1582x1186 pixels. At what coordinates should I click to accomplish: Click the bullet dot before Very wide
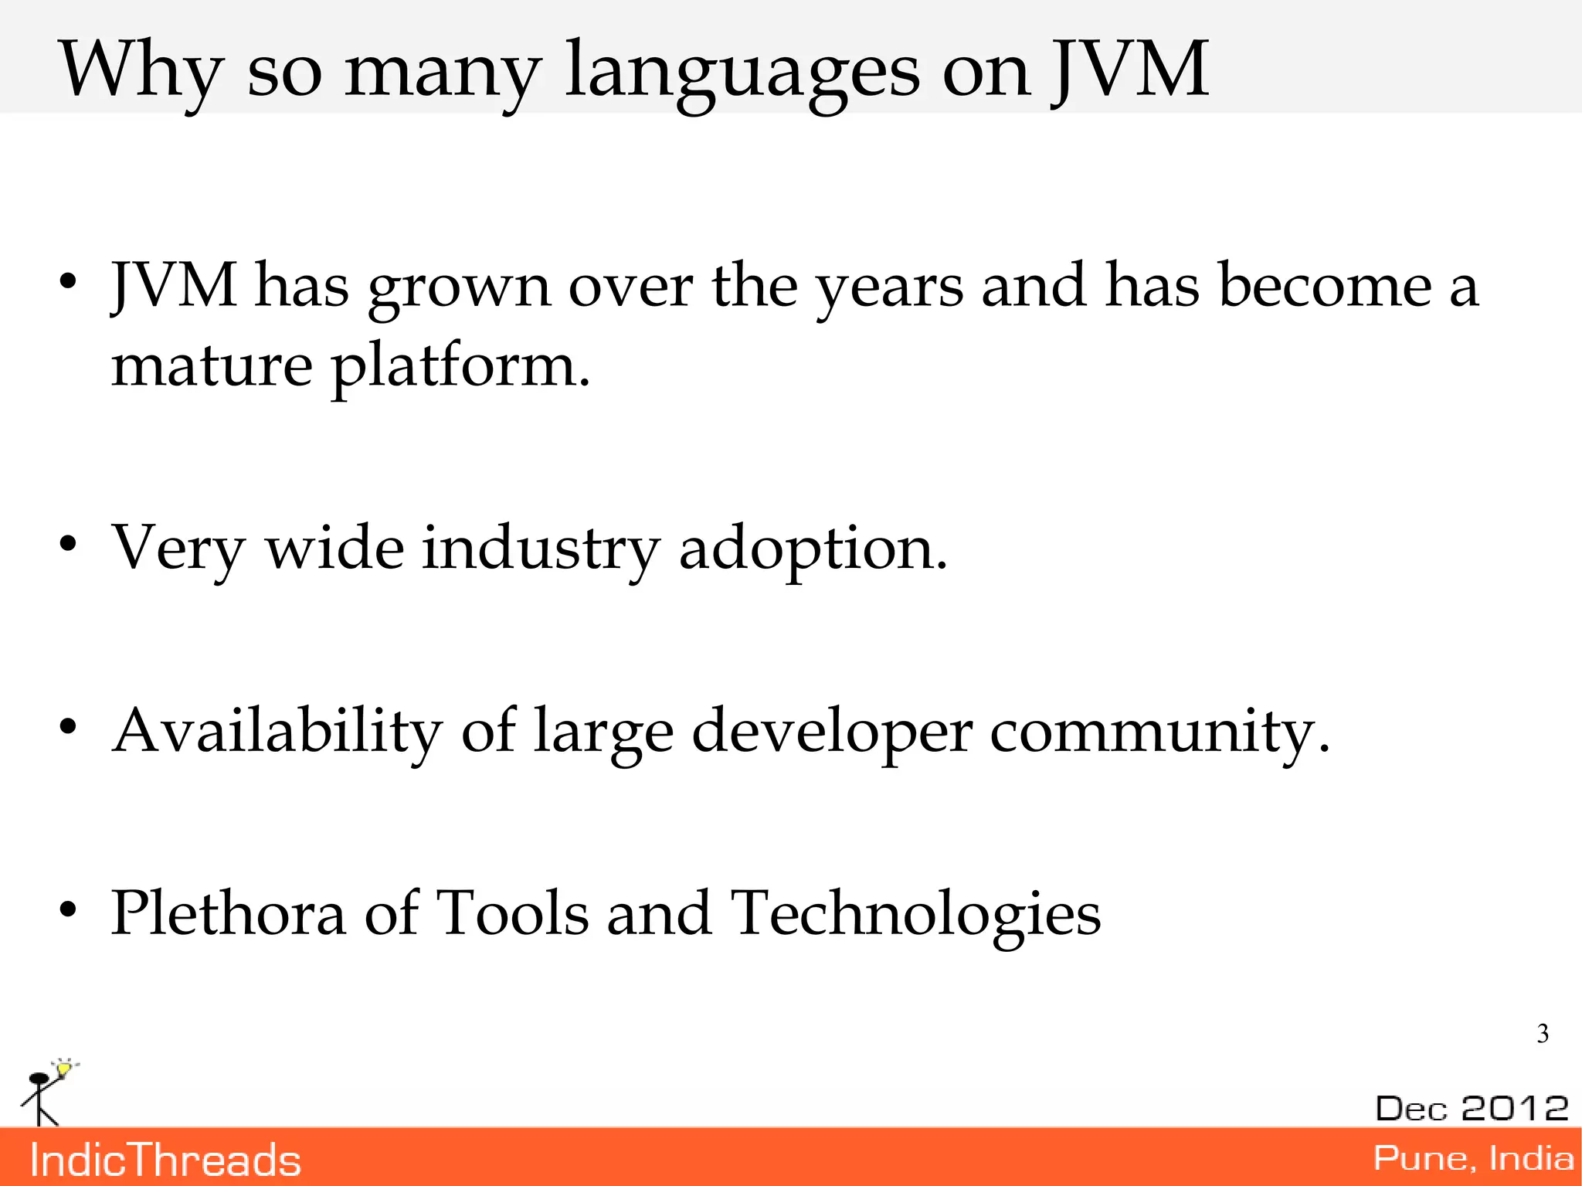click(68, 545)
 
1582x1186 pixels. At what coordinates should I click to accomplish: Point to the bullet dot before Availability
click(68, 727)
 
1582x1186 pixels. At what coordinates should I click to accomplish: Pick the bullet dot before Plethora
click(68, 909)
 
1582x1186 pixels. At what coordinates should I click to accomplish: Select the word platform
click(460, 367)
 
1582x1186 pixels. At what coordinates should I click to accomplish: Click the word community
click(1159, 732)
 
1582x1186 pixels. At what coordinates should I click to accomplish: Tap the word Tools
click(512, 912)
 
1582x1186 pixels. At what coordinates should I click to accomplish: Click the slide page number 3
click(1542, 1033)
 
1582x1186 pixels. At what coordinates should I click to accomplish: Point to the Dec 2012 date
click(1472, 1108)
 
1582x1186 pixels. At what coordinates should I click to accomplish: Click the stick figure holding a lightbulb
click(46, 1091)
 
